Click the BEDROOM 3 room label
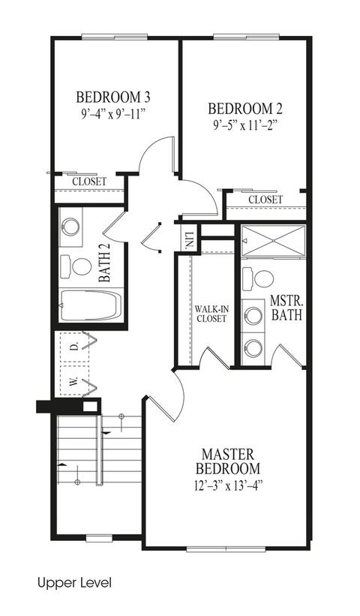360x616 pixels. point(113,97)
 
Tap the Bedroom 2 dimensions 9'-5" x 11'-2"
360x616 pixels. point(245,126)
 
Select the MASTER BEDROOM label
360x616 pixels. point(228,461)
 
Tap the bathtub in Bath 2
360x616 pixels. point(91,305)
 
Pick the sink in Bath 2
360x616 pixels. point(70,227)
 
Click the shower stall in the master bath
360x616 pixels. point(273,241)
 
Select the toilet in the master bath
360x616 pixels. point(258,278)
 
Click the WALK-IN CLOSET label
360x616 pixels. point(211,314)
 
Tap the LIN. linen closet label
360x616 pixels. point(189,239)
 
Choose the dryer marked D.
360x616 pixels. point(75,347)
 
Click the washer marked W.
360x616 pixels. point(75,380)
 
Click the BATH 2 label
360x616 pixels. point(104,262)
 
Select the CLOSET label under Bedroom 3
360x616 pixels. point(89,182)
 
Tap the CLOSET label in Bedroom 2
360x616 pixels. point(265,200)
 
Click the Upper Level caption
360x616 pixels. point(74,583)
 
